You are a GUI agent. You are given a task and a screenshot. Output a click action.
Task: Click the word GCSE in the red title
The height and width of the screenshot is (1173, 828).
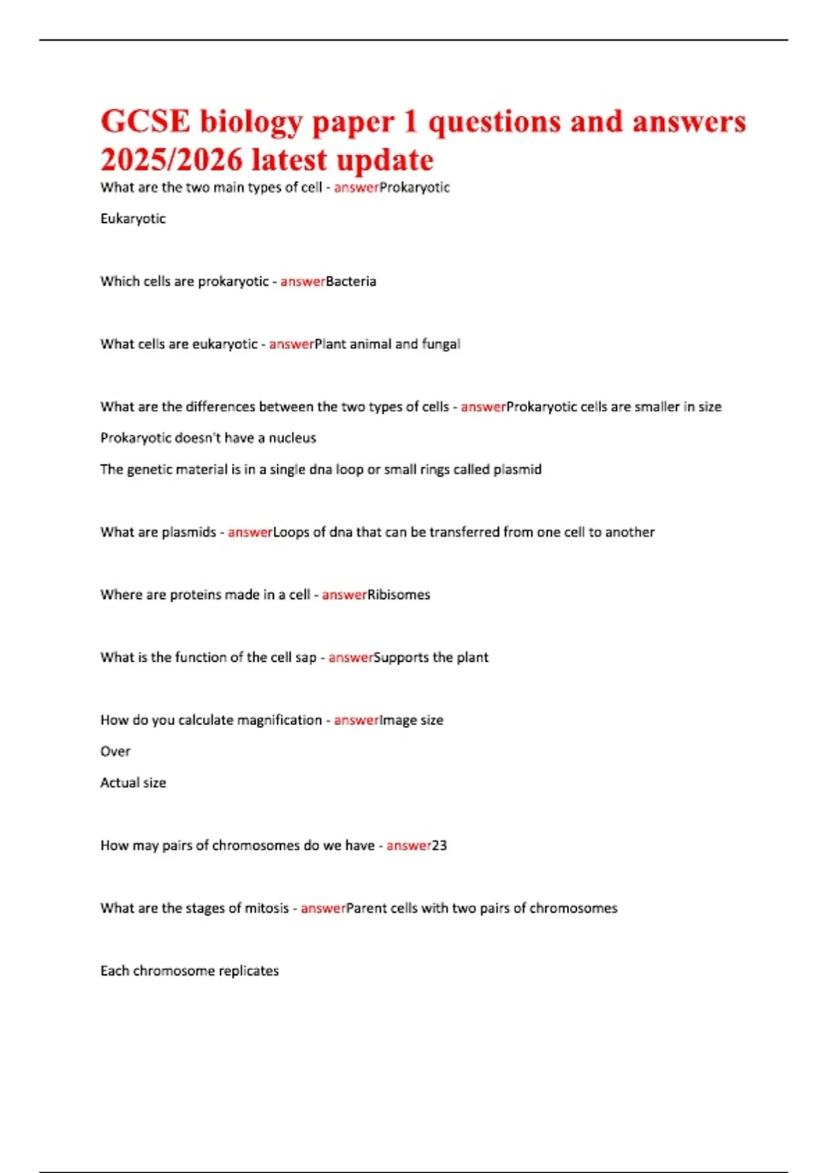[x=145, y=122]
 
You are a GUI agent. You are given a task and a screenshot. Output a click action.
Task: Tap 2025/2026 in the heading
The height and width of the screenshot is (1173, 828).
[x=172, y=160]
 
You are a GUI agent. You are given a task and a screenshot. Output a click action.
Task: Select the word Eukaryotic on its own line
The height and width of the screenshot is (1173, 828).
[x=133, y=219]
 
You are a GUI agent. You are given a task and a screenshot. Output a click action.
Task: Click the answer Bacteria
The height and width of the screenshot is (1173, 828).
[x=351, y=282]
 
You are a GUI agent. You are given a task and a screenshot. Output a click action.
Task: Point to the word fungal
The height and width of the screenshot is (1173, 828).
[x=441, y=344]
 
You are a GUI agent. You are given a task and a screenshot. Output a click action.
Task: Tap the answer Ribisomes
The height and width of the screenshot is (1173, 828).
[x=399, y=595]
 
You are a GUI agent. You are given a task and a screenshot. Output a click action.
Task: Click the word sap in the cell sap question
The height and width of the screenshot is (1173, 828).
[x=306, y=658]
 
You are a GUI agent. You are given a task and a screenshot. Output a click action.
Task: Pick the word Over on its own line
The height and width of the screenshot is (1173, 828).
[x=115, y=751]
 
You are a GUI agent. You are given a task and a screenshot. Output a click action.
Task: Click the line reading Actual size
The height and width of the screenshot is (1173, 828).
[x=133, y=783]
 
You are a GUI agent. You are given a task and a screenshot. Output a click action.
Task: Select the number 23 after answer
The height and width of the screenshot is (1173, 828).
[x=440, y=846]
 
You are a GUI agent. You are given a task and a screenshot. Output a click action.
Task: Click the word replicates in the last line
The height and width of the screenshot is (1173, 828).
[x=248, y=972]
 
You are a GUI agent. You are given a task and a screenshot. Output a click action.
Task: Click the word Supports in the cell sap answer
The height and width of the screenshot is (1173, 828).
[x=401, y=658]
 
